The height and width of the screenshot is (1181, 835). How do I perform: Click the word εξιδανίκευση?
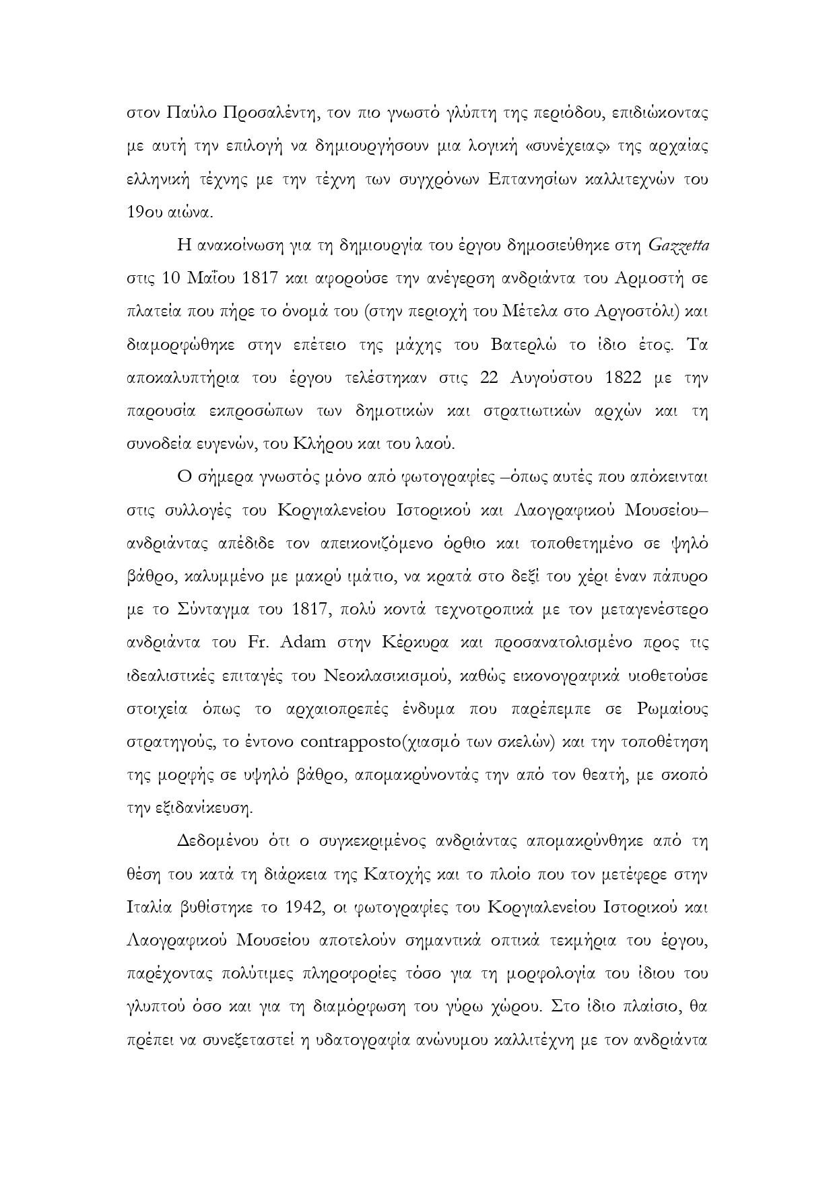pyautogui.click(x=204, y=808)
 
